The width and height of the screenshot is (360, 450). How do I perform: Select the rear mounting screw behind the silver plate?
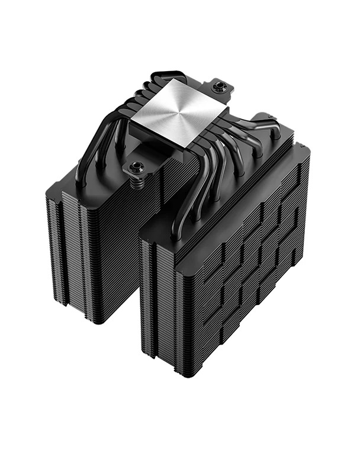(x=221, y=87)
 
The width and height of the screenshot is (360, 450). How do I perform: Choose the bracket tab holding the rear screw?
(x=225, y=89)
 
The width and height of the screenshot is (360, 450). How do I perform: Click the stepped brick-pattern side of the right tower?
(x=249, y=266)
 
